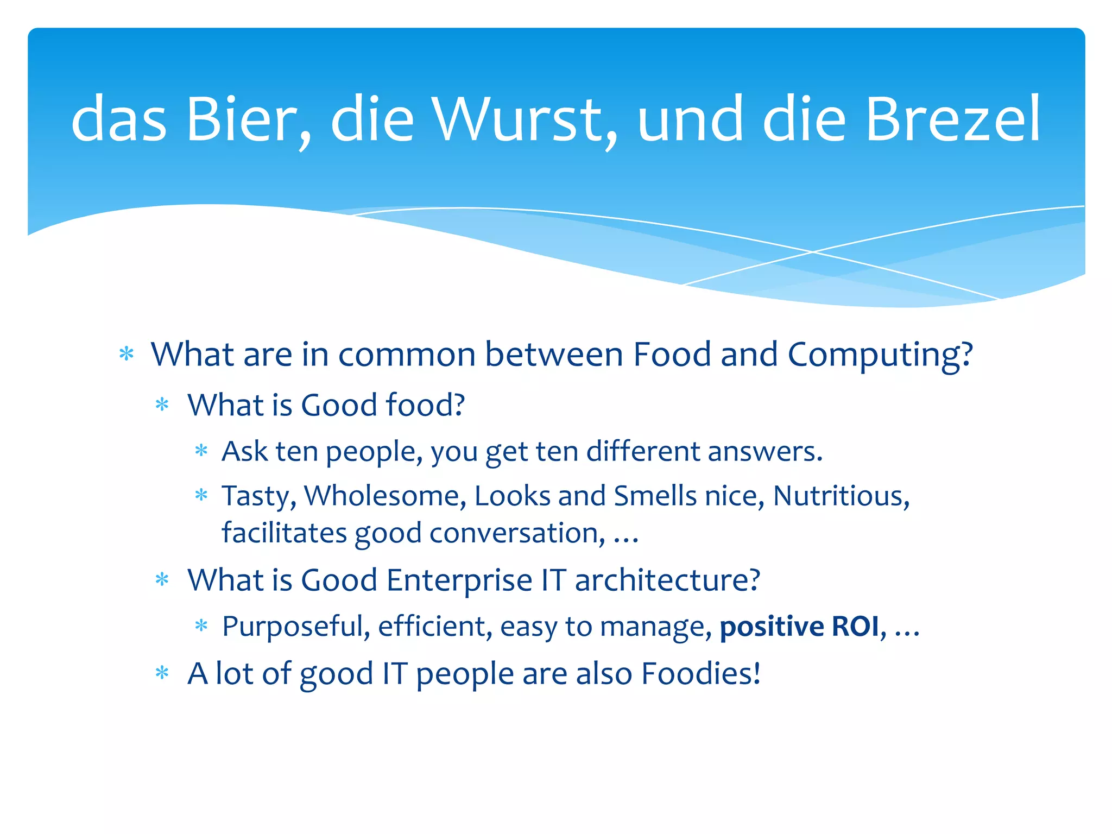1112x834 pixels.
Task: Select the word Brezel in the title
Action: pyautogui.click(x=952, y=119)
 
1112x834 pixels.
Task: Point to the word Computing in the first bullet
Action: pyautogui.click(x=880, y=355)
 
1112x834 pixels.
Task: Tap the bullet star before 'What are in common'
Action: pyautogui.click(x=127, y=354)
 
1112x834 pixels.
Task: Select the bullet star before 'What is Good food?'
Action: pyautogui.click(x=162, y=405)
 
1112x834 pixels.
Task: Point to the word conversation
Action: pyautogui.click(x=516, y=533)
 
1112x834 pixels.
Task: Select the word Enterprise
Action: pyautogui.click(x=459, y=580)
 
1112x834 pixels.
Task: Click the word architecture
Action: pyautogui.click(x=667, y=580)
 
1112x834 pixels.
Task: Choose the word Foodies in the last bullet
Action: pyautogui.click(x=700, y=674)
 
